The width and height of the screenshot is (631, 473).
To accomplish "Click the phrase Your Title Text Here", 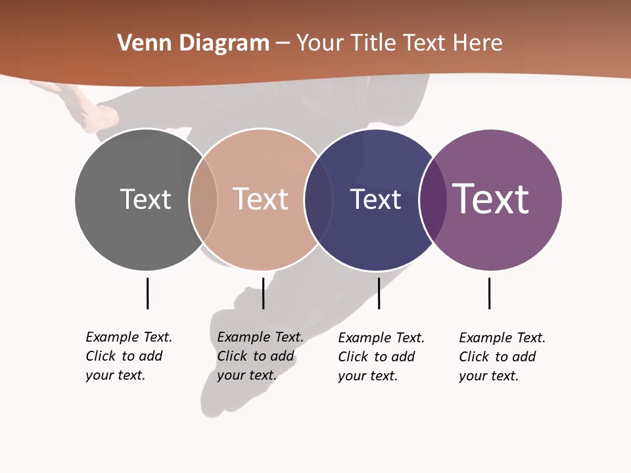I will pyautogui.click(x=399, y=43).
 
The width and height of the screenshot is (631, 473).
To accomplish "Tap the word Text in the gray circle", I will pyautogui.click(x=145, y=199).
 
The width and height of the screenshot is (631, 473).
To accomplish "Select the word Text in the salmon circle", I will pyautogui.click(x=261, y=199).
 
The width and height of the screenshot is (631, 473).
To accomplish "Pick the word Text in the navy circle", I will pyautogui.click(x=375, y=199).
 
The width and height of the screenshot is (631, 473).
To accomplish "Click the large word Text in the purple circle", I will pyautogui.click(x=491, y=199).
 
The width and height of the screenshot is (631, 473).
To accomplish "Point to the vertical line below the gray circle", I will pyautogui.click(x=147, y=293).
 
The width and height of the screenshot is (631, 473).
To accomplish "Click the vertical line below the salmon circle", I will pyautogui.click(x=263, y=293).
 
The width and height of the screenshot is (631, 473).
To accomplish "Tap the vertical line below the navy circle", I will pyautogui.click(x=379, y=293).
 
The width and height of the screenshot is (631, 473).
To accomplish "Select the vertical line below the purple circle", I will pyautogui.click(x=489, y=293).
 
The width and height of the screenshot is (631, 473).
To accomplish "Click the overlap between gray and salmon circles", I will pyautogui.click(x=204, y=199).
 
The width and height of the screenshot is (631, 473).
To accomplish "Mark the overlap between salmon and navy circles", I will pyautogui.click(x=319, y=199).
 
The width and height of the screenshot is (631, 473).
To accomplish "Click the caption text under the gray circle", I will pyautogui.click(x=128, y=356).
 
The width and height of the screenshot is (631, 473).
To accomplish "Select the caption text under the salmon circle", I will pyautogui.click(x=260, y=356).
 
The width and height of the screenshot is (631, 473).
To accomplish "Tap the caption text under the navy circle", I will pyautogui.click(x=381, y=357).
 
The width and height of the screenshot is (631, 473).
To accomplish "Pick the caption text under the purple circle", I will pyautogui.click(x=502, y=357).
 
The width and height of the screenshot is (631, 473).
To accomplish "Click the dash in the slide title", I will pyautogui.click(x=283, y=43).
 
